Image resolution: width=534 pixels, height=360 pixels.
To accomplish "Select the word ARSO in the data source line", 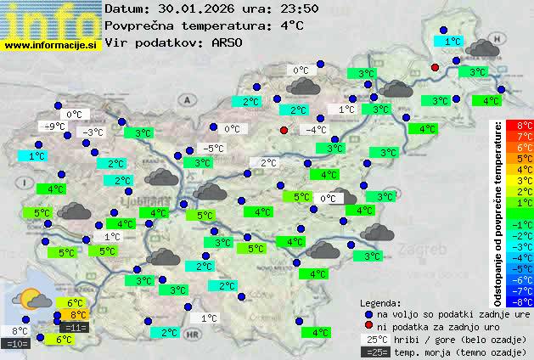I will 228,42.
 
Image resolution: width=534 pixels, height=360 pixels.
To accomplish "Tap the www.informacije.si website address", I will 51,44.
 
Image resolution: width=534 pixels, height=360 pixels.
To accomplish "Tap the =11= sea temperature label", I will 75,327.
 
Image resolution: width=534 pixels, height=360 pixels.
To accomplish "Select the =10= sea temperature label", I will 17,343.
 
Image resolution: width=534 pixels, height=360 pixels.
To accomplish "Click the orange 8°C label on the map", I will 77,315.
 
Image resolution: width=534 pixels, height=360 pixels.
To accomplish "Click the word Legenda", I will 380,302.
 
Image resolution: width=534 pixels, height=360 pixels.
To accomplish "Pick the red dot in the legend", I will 368,326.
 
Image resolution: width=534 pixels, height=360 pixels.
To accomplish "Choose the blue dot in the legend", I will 368,313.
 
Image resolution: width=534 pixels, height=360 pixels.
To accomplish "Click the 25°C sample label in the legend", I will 375,339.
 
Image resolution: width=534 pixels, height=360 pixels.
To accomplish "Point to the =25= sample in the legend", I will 375,352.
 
